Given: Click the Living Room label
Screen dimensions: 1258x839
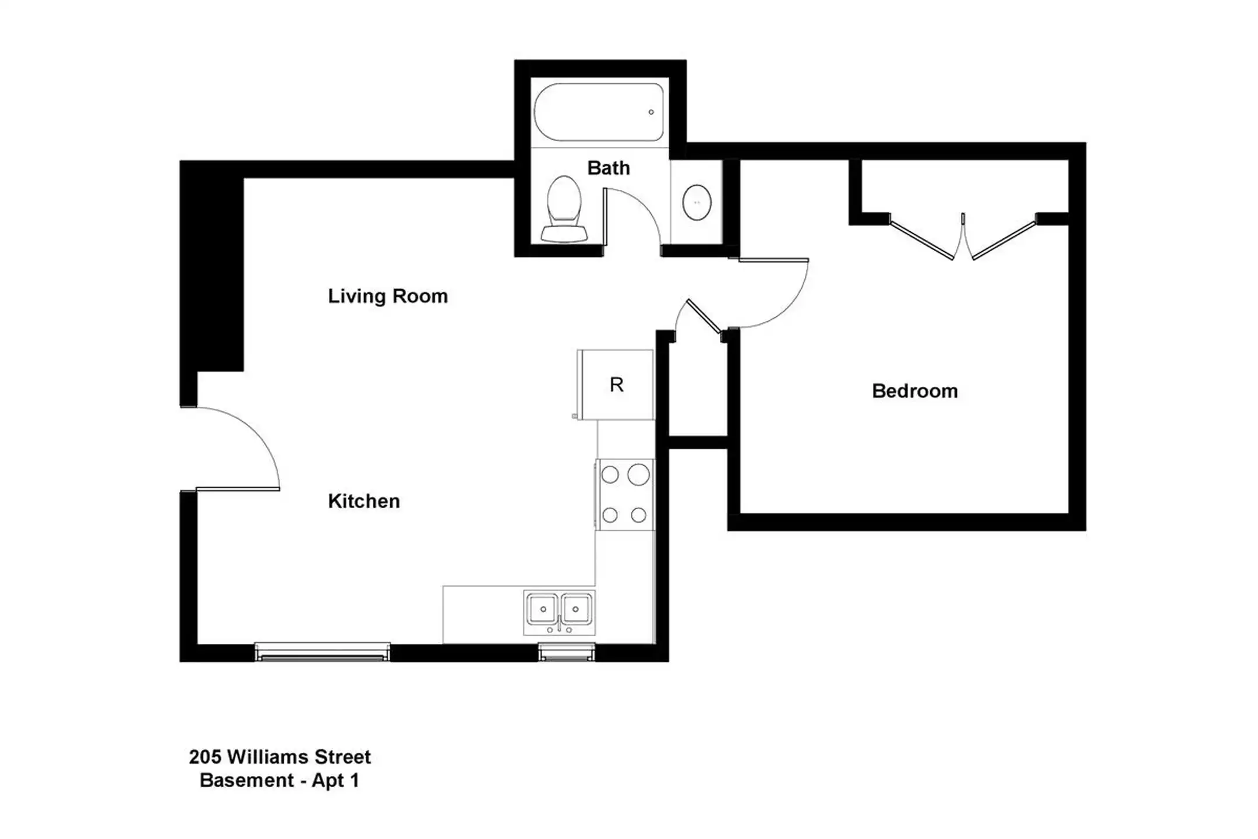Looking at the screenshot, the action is tap(388, 296).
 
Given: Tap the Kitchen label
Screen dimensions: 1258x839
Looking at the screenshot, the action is tap(364, 501).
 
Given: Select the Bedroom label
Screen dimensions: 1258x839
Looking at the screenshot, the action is tap(915, 391).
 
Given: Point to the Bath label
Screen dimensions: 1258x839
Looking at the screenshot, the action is tap(609, 168).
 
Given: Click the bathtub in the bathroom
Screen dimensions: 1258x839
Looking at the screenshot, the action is tap(599, 112).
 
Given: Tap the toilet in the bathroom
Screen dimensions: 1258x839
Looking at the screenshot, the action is tap(564, 209).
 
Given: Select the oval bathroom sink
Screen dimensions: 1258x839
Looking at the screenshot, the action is tap(697, 202).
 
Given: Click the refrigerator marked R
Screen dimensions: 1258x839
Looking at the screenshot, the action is tap(615, 385).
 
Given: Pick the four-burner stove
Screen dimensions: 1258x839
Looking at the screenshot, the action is tap(624, 495).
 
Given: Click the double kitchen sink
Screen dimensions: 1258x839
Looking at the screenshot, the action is tap(559, 612).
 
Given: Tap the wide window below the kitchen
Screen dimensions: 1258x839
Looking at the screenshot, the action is tap(322, 652).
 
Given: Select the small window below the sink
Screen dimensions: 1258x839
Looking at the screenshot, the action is tap(566, 652).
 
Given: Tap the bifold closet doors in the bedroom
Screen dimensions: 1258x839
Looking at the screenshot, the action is tap(963, 237).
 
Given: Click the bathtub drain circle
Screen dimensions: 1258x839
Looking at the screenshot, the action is tap(651, 112).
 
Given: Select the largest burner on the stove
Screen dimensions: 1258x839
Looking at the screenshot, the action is tap(638, 475).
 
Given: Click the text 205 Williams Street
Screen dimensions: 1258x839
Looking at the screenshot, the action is tap(280, 757).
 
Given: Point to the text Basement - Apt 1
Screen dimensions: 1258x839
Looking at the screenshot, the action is tap(280, 780).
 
